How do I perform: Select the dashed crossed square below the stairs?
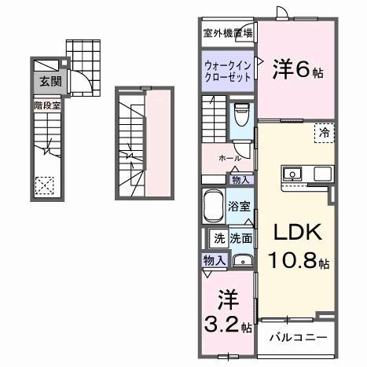45,185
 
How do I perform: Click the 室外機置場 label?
228,33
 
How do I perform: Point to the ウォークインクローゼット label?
226,72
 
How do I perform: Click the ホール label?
230,158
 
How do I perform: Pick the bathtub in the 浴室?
212,207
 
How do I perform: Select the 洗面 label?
240,238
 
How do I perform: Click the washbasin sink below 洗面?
243,262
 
